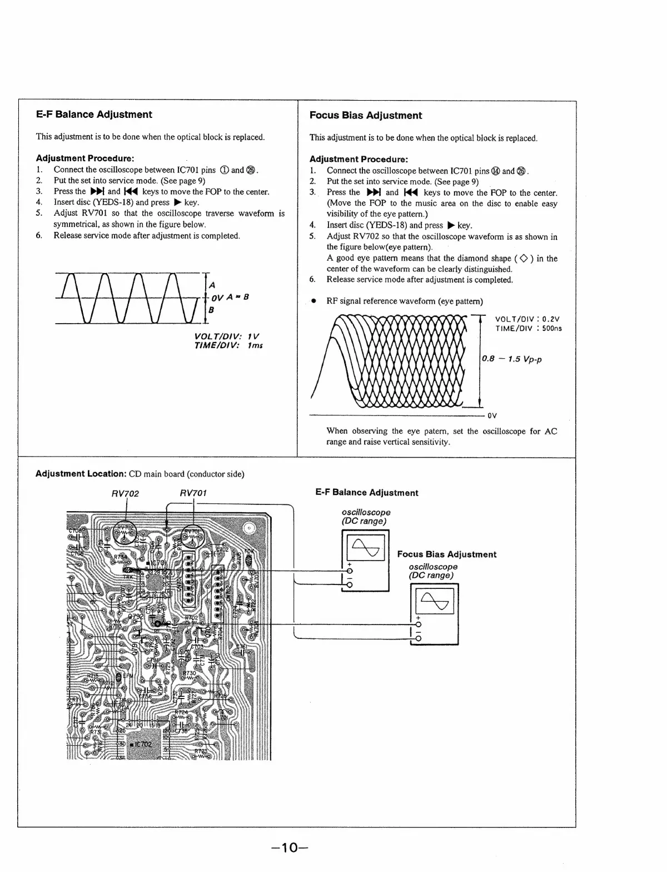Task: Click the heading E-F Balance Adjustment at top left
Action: (94, 115)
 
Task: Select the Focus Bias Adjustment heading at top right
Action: (365, 116)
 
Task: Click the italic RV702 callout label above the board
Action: (125, 493)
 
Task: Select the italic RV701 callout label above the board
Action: (193, 493)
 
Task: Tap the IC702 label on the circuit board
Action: (143, 744)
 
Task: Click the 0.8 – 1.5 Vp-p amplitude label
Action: (512, 359)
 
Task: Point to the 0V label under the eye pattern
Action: (492, 415)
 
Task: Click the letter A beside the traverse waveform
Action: (211, 285)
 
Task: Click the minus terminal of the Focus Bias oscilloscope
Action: (418, 638)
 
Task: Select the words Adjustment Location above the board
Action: (81, 474)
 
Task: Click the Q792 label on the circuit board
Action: (136, 616)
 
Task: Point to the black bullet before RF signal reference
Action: (314, 301)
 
